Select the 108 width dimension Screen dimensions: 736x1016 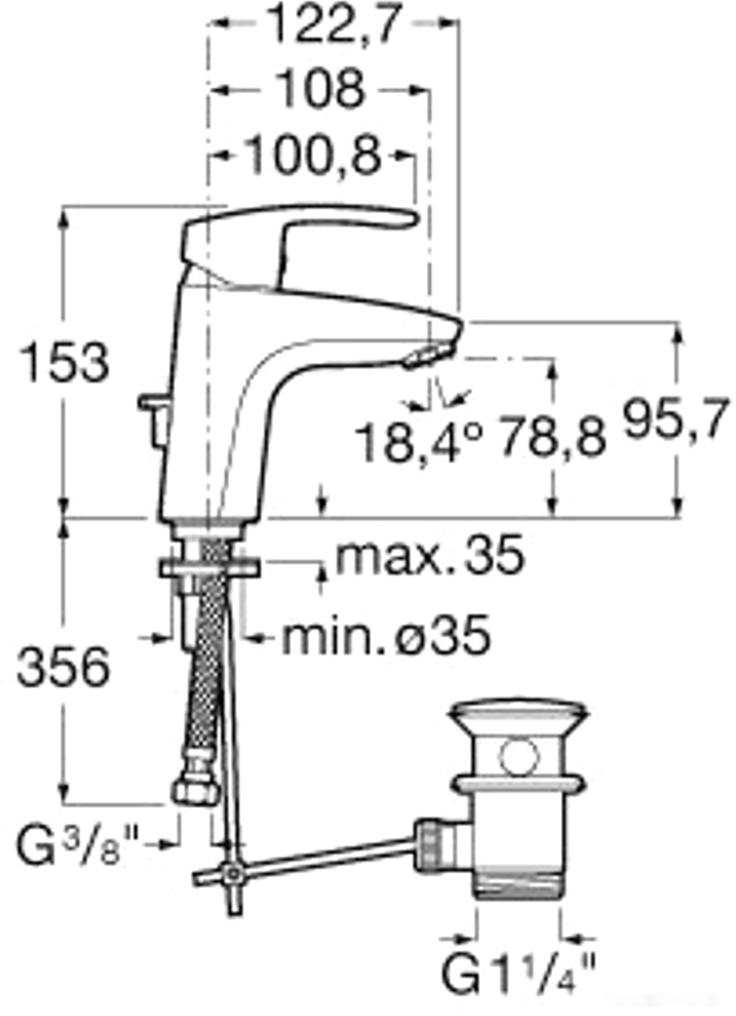pyautogui.click(x=320, y=89)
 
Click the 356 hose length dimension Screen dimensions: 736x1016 pyautogui.click(x=64, y=668)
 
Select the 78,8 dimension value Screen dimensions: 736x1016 pyautogui.click(x=552, y=437)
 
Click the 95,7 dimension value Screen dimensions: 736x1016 pyautogui.click(x=675, y=420)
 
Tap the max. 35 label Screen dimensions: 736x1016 pyautogui.click(x=429, y=555)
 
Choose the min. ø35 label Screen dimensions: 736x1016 pyautogui.click(x=386, y=636)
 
